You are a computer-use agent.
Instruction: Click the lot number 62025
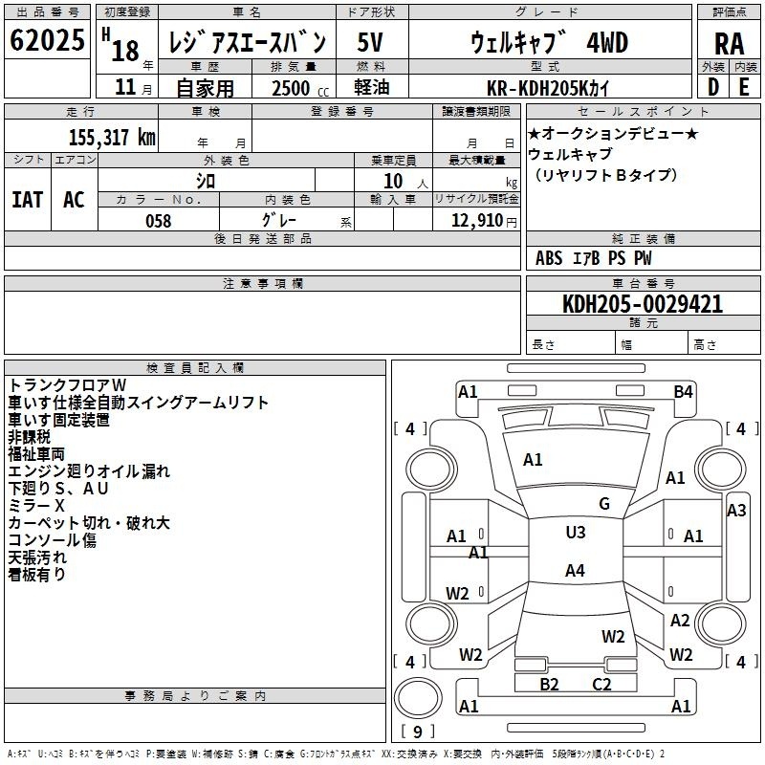point(47,42)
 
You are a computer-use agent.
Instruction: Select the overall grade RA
point(729,44)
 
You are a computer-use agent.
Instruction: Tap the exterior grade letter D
point(712,85)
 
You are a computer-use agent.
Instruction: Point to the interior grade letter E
point(744,85)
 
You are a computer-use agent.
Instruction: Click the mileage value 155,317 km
point(111,137)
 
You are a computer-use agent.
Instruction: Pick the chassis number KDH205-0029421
point(642,304)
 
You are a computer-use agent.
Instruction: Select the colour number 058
point(158,221)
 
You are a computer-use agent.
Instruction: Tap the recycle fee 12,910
point(478,221)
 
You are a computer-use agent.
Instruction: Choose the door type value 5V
point(372,42)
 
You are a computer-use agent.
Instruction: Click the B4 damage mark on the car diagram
point(683,391)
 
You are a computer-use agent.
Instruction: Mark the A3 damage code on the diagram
point(736,511)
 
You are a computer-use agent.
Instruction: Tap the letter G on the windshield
point(604,504)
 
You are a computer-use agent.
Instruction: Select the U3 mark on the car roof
point(576,533)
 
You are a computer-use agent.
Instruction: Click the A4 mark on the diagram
point(575,571)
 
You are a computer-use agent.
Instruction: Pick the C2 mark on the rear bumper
point(601,684)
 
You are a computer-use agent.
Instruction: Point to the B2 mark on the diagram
point(549,684)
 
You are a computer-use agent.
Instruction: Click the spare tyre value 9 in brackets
point(416,732)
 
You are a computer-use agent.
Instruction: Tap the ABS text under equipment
point(549,258)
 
